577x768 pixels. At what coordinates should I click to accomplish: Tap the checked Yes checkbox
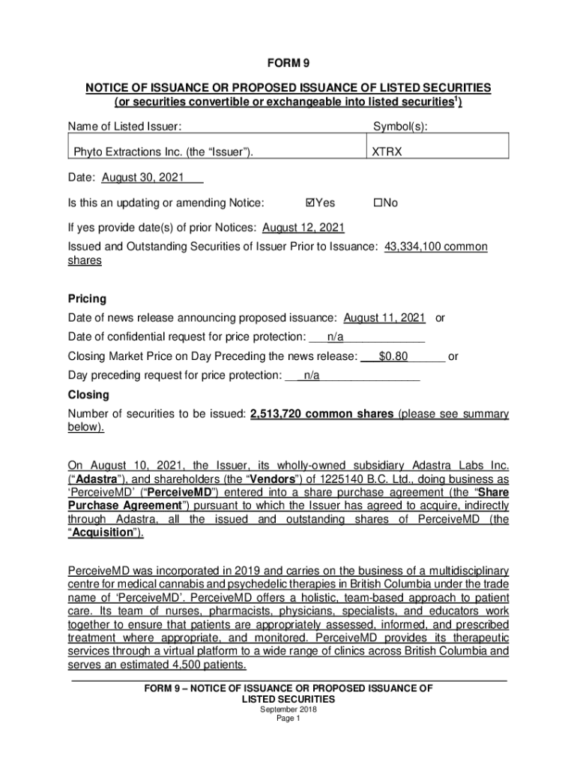[312, 203]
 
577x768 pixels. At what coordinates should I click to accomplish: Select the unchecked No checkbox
[378, 203]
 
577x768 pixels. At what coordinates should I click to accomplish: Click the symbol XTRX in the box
[387, 152]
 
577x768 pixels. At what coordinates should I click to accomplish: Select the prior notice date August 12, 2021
[303, 228]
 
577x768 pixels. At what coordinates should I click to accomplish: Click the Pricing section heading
[87, 298]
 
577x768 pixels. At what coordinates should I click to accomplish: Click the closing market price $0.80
[393, 356]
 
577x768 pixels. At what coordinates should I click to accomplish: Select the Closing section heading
[88, 394]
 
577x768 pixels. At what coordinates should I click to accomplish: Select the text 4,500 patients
[209, 664]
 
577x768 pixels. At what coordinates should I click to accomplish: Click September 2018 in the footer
[288, 709]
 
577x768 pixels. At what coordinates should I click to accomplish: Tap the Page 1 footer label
[288, 718]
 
